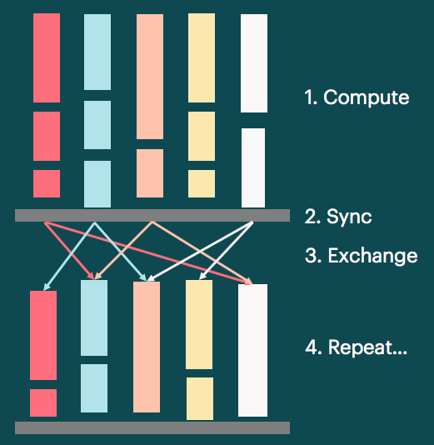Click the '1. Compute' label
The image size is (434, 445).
[357, 97]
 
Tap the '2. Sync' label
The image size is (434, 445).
[337, 217]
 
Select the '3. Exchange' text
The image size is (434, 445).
[361, 256]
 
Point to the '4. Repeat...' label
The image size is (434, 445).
[356, 347]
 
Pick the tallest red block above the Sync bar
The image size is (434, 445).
[47, 58]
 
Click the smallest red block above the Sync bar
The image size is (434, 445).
[47, 183]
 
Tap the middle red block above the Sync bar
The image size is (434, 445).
[47, 136]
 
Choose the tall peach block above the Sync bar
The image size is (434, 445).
[149, 77]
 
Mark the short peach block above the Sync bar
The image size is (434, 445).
[149, 173]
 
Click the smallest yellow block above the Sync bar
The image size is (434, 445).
[202, 183]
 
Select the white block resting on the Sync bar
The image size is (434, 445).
[253, 167]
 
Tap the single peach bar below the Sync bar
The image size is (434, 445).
[147, 347]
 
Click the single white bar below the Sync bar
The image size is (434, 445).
[252, 350]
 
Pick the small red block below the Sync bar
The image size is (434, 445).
[43, 402]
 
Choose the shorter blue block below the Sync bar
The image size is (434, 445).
[94, 387]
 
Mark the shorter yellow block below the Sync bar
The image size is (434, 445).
[200, 398]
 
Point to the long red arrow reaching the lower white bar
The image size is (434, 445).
[150, 251]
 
